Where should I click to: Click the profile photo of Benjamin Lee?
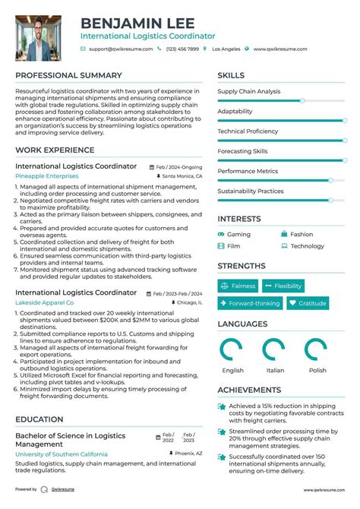click(39, 39)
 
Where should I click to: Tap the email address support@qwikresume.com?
click(120, 49)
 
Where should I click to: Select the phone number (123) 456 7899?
click(182, 49)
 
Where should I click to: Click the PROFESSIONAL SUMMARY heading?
click(68, 76)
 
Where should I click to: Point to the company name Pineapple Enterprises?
click(46, 175)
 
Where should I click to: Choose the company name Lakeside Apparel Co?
click(45, 302)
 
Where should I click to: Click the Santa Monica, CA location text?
click(182, 176)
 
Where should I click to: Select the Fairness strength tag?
click(238, 286)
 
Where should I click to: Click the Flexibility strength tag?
click(283, 286)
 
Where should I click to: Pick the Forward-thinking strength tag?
click(250, 303)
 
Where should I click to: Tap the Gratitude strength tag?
click(308, 303)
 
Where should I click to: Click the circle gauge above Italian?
click(274, 350)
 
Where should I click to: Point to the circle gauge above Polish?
click(316, 350)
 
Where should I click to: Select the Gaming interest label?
click(238, 235)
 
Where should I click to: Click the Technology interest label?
click(307, 246)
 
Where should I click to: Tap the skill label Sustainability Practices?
click(251, 191)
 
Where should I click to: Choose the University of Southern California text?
click(61, 454)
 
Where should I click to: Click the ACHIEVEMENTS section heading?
click(249, 390)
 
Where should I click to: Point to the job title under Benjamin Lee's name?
click(148, 36)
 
